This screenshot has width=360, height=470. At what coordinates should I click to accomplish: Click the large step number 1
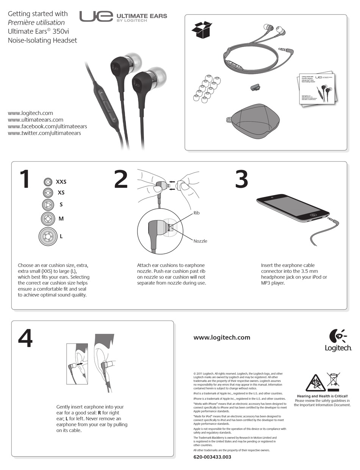pyautogui.click(x=25, y=179)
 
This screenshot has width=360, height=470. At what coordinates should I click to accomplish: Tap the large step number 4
pyautogui.click(x=25, y=338)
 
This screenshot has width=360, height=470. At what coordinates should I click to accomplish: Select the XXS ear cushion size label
pyautogui.click(x=61, y=182)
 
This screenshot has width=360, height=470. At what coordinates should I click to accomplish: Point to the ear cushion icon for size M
pyautogui.click(x=48, y=219)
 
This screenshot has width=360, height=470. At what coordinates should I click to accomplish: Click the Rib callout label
pyautogui.click(x=196, y=213)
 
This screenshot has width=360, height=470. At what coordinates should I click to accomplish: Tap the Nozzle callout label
pyautogui.click(x=200, y=241)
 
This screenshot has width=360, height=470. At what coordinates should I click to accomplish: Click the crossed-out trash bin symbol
pyautogui.click(x=333, y=380)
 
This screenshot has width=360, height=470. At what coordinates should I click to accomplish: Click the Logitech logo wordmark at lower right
pyautogui.click(x=338, y=348)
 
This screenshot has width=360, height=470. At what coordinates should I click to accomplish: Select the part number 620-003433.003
pyautogui.click(x=212, y=457)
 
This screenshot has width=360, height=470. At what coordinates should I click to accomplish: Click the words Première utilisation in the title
pyautogui.click(x=36, y=22)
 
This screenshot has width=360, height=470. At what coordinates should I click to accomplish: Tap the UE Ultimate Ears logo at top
pyautogui.click(x=123, y=17)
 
